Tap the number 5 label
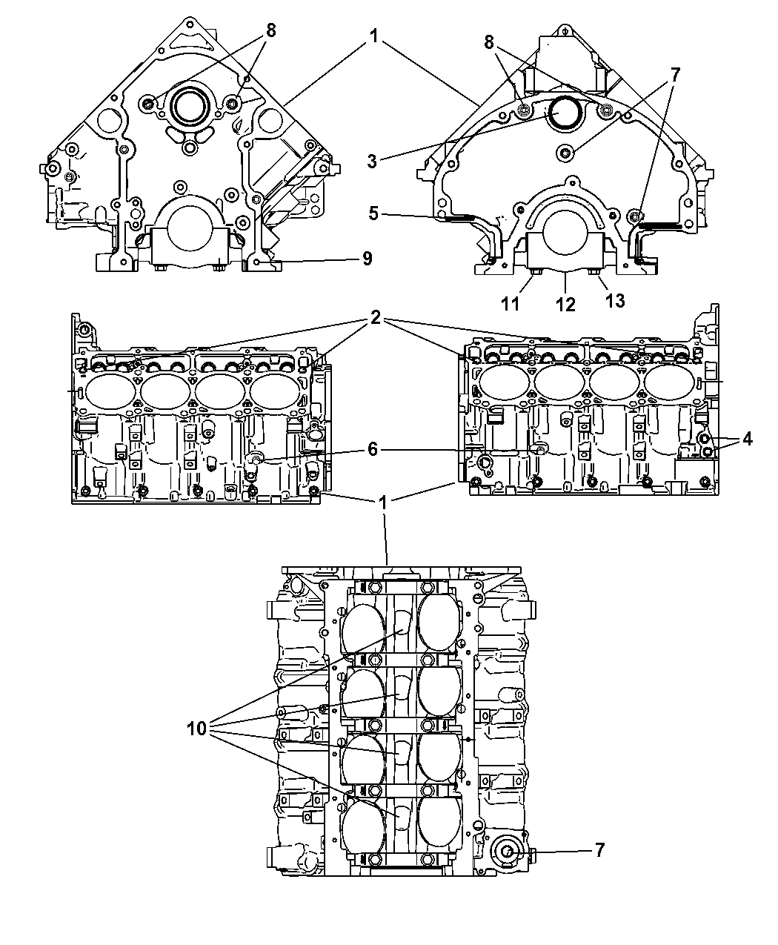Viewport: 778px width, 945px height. point(373,213)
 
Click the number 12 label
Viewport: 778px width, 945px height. point(565,304)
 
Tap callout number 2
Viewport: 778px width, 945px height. point(376,318)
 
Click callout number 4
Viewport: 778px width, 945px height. point(747,440)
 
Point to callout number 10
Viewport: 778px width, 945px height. point(197,728)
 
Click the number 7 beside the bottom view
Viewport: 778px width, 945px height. point(599,850)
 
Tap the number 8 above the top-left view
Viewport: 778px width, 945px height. point(270,30)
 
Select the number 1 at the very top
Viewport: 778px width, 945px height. point(376,35)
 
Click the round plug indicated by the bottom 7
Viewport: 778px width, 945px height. point(508,852)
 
